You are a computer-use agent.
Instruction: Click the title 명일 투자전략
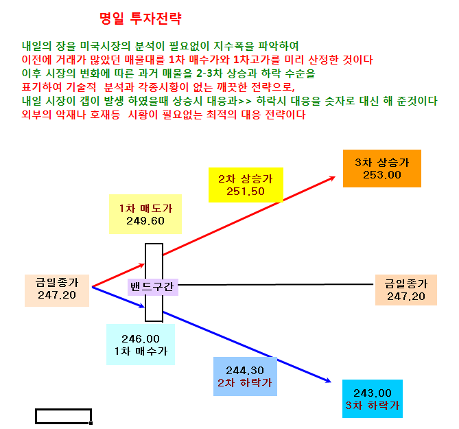click(x=141, y=19)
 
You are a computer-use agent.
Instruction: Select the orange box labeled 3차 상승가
click(x=382, y=168)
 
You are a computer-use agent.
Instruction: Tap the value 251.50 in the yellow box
click(x=246, y=192)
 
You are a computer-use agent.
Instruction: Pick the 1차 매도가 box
click(x=145, y=214)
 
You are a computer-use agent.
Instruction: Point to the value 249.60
click(x=145, y=221)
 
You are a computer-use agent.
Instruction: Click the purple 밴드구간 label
click(x=153, y=286)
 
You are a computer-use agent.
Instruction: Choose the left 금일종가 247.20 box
click(x=57, y=290)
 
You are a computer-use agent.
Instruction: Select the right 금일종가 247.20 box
click(x=406, y=290)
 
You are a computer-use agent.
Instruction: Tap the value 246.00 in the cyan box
click(x=141, y=339)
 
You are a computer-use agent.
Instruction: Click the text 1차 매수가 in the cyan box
click(x=141, y=351)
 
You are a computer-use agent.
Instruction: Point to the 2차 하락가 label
click(x=245, y=383)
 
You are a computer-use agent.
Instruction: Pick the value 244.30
click(x=245, y=371)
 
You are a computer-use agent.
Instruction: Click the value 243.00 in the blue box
click(x=373, y=393)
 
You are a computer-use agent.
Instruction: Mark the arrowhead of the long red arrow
click(x=335, y=176)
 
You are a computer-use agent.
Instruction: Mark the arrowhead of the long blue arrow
click(x=331, y=382)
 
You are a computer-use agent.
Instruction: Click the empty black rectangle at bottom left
click(x=64, y=409)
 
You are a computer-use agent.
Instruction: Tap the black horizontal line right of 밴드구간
click(x=275, y=284)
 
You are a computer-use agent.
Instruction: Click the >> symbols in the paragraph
click(x=245, y=102)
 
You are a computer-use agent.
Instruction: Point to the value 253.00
click(x=382, y=175)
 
